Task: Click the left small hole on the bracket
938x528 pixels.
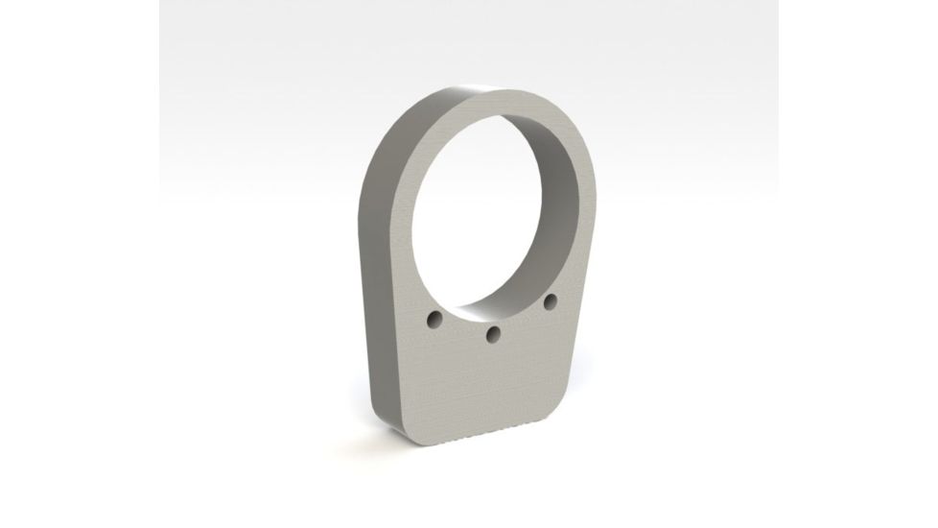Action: tap(434, 317)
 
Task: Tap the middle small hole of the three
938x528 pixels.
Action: tap(493, 333)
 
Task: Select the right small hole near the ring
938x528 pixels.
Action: tap(551, 301)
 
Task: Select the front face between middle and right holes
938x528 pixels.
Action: tap(523, 320)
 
